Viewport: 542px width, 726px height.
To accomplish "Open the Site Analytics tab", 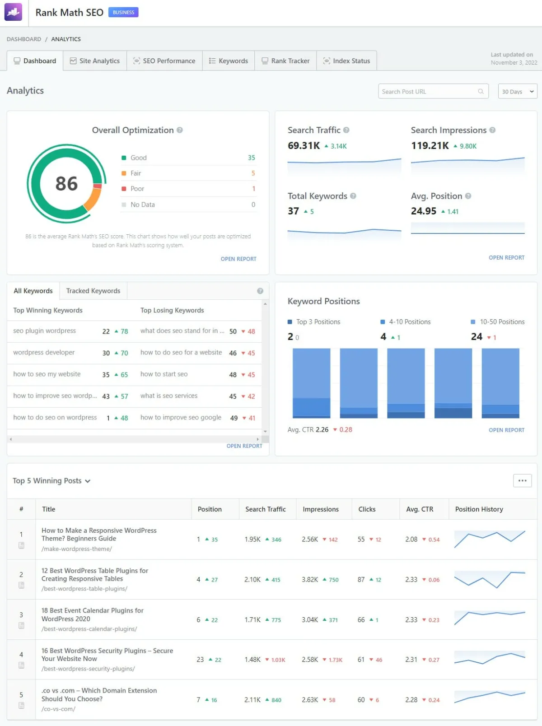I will [x=95, y=61].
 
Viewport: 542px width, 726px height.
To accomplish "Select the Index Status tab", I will [x=346, y=61].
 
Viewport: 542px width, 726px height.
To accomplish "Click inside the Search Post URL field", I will [x=429, y=92].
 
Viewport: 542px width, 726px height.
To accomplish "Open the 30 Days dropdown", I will [x=517, y=92].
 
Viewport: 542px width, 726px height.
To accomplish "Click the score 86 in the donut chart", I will [x=66, y=184].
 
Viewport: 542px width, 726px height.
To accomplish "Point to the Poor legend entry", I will [x=137, y=189].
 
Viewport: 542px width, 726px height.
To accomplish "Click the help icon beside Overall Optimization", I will [x=180, y=130].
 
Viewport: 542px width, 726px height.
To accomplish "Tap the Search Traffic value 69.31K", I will [x=304, y=146].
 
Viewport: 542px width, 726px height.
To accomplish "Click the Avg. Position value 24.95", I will [x=424, y=211].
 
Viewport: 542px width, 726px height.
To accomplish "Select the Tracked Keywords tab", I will [x=93, y=291].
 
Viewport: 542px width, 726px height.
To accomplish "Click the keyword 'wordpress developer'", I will [x=44, y=353].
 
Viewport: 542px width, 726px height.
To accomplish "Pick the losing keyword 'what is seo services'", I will [x=169, y=396].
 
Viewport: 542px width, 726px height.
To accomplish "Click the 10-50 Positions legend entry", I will [x=502, y=322].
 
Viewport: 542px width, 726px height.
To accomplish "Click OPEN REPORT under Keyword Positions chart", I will [x=506, y=430].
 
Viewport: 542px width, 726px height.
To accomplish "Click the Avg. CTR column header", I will [x=420, y=509].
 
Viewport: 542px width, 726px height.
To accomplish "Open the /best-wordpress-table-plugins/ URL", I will [x=84, y=589].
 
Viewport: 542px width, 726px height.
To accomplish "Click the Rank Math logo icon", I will [x=13, y=13].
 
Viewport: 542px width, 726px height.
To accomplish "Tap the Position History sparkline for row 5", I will [x=490, y=697].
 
